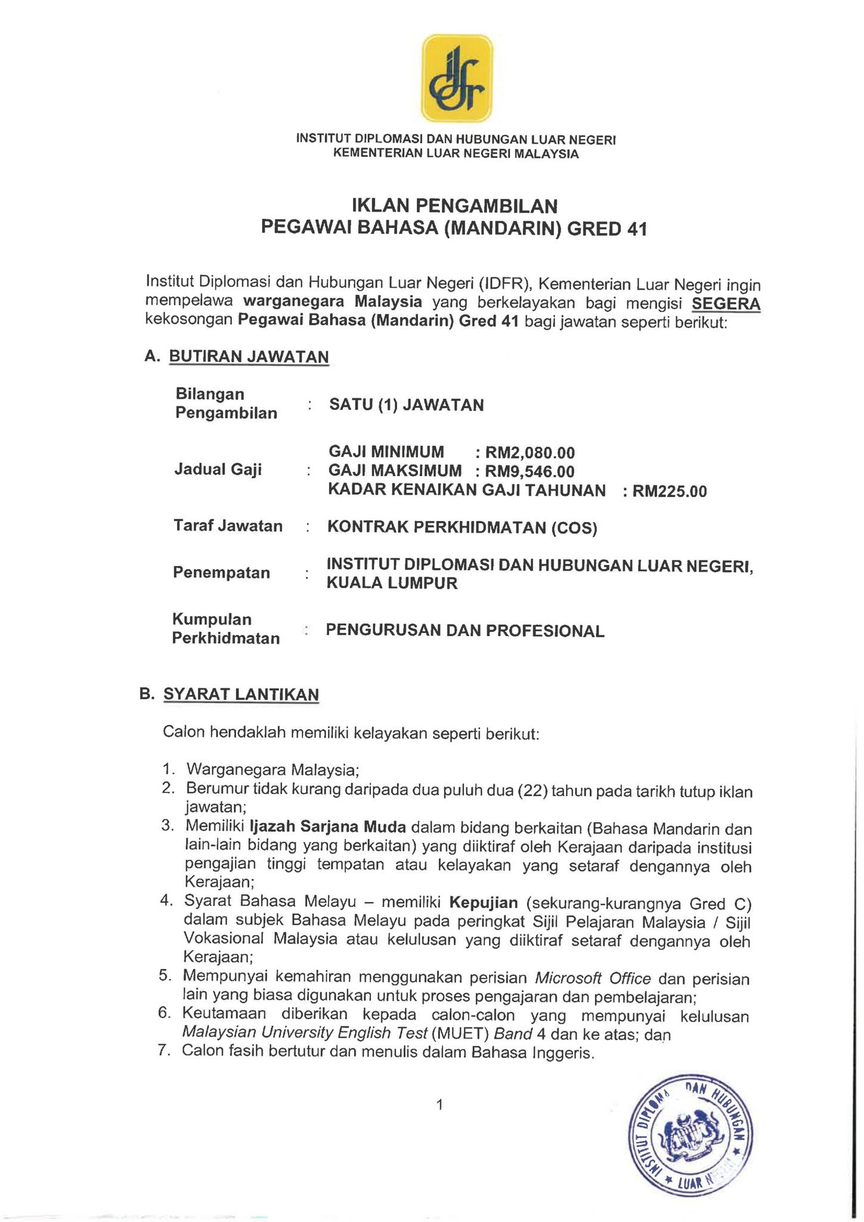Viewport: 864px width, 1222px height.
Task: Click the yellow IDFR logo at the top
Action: [x=457, y=79]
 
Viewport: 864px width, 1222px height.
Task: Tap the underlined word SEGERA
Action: [x=726, y=304]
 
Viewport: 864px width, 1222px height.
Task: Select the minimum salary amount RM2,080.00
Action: [x=529, y=453]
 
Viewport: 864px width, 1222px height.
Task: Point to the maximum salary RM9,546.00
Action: [x=529, y=472]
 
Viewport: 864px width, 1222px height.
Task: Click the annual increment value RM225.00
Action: [x=669, y=492]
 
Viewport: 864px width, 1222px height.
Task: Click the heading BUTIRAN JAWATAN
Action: [x=249, y=356]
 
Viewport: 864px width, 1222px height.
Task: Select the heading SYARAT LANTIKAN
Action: [x=241, y=695]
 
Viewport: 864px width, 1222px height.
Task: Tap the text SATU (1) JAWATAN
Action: [x=406, y=405]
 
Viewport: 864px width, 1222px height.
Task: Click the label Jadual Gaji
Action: [x=218, y=470]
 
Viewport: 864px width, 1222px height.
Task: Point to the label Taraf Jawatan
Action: [x=228, y=526]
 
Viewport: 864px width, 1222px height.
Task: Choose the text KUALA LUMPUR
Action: [x=392, y=583]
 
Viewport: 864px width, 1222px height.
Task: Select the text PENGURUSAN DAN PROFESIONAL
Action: [x=465, y=631]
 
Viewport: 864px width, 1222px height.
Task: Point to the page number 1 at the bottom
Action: [x=439, y=1105]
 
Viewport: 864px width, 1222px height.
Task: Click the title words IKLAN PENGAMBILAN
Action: [x=454, y=206]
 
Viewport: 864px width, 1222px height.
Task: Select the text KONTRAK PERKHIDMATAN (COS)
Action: [x=462, y=527]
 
